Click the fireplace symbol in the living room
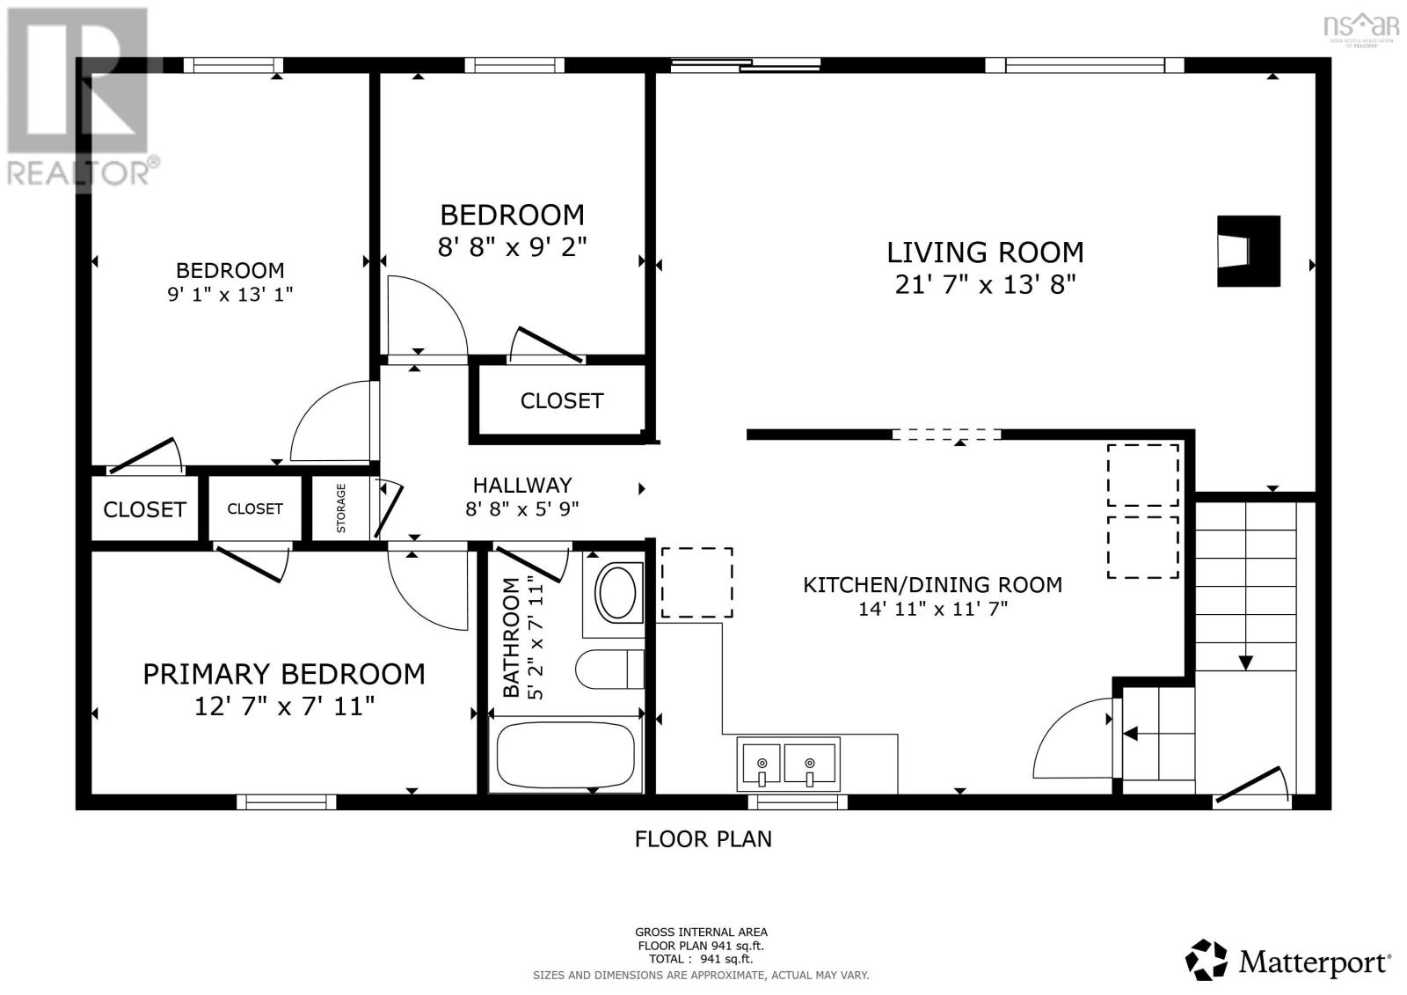1248,252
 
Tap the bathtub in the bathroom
565,756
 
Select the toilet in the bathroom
609,669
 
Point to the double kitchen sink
788,764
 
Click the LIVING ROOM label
985,252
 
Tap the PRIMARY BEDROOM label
284,675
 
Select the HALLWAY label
522,486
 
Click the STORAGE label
341,508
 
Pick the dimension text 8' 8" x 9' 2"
512,247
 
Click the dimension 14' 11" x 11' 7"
933,609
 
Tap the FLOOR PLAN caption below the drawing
703,839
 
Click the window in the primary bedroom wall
287,802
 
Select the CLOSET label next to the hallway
562,401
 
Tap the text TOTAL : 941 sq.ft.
700,959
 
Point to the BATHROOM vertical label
512,637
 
